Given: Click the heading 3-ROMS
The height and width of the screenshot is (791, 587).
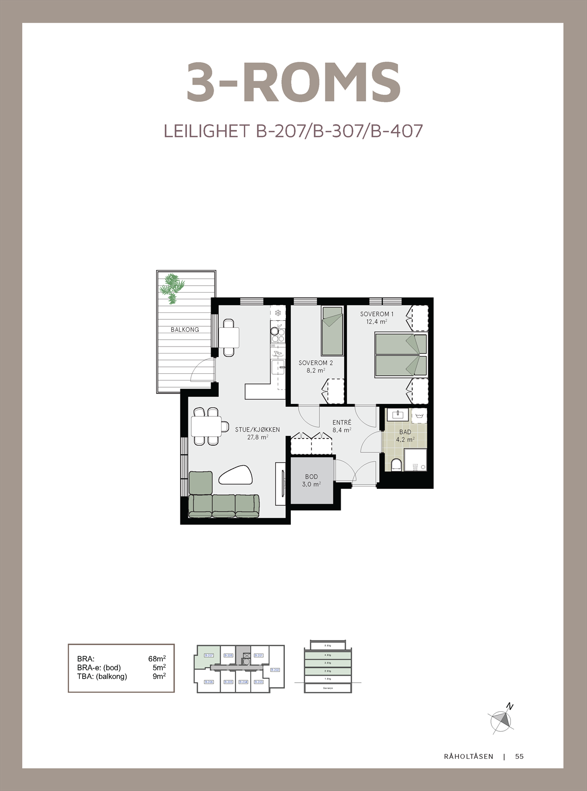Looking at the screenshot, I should [x=293, y=83].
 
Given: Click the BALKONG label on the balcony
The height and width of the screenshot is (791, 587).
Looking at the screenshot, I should [x=184, y=329].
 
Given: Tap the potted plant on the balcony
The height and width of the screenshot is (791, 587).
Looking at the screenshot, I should [x=171, y=288].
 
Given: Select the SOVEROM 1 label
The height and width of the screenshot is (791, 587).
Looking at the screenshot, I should [x=376, y=314].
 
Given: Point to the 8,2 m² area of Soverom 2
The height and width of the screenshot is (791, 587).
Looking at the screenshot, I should [x=315, y=370].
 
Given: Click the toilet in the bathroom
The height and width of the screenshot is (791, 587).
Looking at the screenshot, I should [x=396, y=465].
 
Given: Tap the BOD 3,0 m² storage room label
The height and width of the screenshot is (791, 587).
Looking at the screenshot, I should [x=311, y=481].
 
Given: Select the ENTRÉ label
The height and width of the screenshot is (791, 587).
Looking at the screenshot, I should [x=342, y=423].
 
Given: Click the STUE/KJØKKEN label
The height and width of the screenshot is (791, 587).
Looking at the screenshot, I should [x=257, y=430].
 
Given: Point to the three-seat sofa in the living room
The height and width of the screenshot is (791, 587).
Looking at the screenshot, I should [x=224, y=505].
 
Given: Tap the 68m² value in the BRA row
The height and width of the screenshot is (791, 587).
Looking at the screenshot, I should [x=157, y=659].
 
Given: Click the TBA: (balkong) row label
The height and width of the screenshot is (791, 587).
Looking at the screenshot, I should [x=102, y=676].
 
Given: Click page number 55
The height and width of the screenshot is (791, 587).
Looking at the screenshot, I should [x=519, y=756].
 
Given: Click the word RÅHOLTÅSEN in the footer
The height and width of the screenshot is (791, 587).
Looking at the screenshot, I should [x=468, y=756].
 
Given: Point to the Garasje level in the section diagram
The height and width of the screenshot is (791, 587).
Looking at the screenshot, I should [x=327, y=688].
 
